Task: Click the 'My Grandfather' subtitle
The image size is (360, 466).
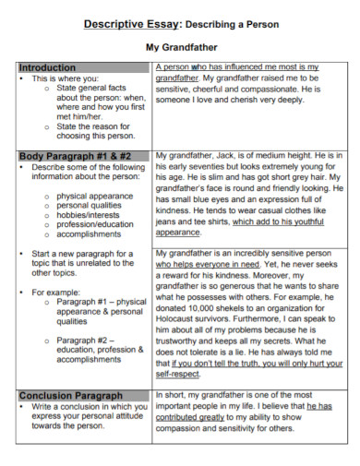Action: click(x=179, y=45)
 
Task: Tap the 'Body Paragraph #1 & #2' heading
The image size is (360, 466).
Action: click(x=77, y=156)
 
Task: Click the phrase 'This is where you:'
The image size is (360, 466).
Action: click(x=67, y=79)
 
